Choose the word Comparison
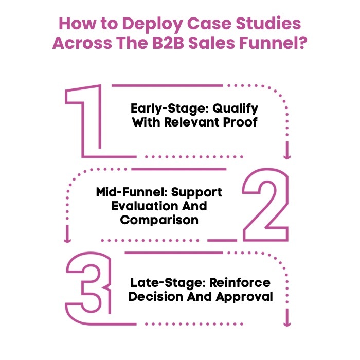[159, 220]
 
